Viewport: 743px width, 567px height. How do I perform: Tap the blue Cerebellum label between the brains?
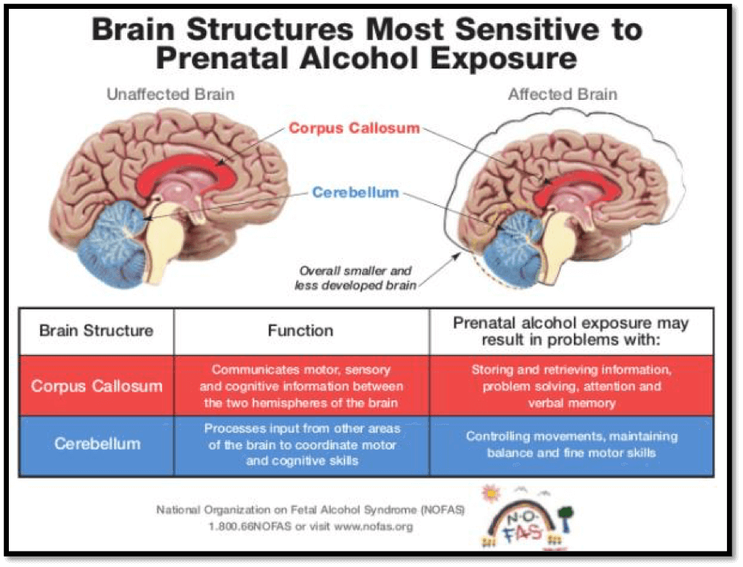pyautogui.click(x=355, y=192)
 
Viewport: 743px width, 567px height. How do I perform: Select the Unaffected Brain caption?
pyautogui.click(x=171, y=94)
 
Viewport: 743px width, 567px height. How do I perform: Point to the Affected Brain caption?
pyautogui.click(x=563, y=94)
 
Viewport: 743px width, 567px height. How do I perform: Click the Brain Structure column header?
pyautogui.click(x=96, y=330)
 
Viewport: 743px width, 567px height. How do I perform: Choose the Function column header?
pyautogui.click(x=300, y=330)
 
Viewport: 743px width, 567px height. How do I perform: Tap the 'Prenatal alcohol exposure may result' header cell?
pyautogui.click(x=571, y=330)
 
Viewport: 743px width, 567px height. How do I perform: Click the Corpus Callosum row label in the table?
pyautogui.click(x=96, y=386)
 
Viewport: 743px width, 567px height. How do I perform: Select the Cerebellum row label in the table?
pyautogui.click(x=96, y=444)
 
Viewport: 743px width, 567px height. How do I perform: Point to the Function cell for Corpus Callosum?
pyautogui.click(x=301, y=386)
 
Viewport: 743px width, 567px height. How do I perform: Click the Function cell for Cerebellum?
pyautogui.click(x=301, y=445)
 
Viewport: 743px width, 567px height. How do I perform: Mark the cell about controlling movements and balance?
pyautogui.click(x=572, y=445)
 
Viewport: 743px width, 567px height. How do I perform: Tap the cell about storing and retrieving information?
pyautogui.click(x=572, y=386)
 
